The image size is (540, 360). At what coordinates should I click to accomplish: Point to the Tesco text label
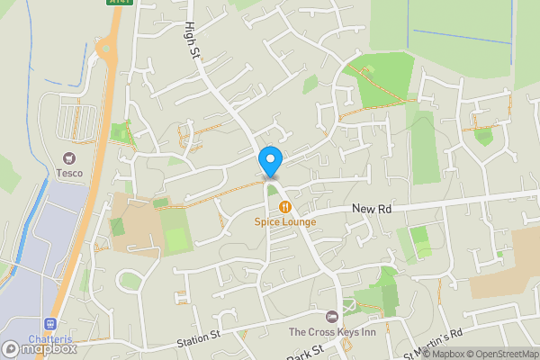point(69,172)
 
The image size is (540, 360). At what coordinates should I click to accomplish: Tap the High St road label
point(192,40)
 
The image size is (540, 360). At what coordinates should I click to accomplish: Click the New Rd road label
point(373,208)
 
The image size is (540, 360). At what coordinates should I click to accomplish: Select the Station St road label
point(198,340)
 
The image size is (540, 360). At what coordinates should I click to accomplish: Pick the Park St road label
point(305,350)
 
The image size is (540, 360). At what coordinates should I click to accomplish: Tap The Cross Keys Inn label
point(333,332)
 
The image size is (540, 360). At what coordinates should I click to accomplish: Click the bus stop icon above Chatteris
point(50,324)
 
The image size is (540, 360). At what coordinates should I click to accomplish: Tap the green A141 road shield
point(119,3)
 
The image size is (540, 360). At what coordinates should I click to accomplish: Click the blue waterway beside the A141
point(36,225)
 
